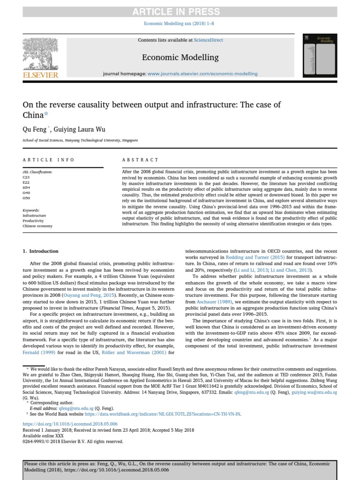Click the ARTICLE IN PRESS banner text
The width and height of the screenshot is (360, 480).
(x=180, y=12)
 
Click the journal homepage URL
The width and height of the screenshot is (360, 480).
(x=202, y=74)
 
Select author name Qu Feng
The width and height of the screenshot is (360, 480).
(x=34, y=127)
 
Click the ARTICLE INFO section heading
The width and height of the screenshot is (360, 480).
(x=48, y=160)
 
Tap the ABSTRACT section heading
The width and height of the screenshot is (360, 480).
(x=140, y=160)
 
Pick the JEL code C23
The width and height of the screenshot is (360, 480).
(x=26, y=178)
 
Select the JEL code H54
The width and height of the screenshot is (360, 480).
(x=26, y=187)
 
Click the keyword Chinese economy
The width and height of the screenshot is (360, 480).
(x=37, y=226)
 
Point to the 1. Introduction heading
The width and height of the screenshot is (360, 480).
(x=41, y=251)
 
